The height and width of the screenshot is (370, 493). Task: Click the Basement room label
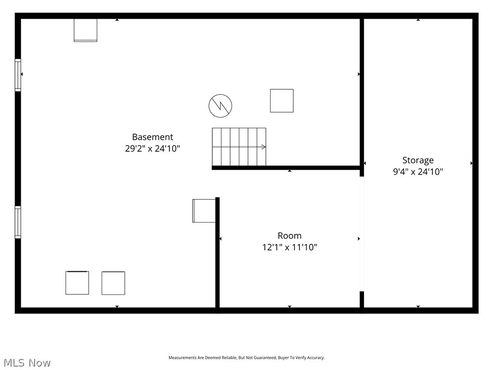[x=153, y=137]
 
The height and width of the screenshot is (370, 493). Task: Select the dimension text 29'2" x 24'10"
[x=153, y=148]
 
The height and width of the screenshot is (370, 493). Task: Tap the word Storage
[x=418, y=160]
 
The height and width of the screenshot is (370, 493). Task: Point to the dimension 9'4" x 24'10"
[x=418, y=172]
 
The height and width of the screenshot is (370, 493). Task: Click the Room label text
[x=289, y=236]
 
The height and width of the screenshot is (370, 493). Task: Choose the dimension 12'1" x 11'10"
[x=289, y=247]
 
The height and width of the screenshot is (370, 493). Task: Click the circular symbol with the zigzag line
[x=221, y=106]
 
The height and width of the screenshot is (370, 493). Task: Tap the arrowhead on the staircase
[x=264, y=147]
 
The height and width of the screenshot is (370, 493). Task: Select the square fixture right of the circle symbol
[x=282, y=101]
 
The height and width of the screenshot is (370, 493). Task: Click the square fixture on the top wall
[x=86, y=30]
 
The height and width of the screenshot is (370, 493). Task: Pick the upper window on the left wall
[x=18, y=75]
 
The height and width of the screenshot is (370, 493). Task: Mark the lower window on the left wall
[x=18, y=222]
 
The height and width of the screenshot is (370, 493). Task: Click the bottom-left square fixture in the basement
[x=77, y=283]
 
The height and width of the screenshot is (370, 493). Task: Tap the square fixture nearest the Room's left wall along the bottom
[x=113, y=283]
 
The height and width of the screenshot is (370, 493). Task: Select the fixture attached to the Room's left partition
[x=204, y=211]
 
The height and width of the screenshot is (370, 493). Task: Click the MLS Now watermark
[x=27, y=363]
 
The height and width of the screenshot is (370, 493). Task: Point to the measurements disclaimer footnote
[x=246, y=358]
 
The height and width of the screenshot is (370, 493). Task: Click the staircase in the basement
[x=239, y=146]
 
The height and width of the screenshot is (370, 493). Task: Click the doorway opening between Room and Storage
[x=362, y=234]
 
